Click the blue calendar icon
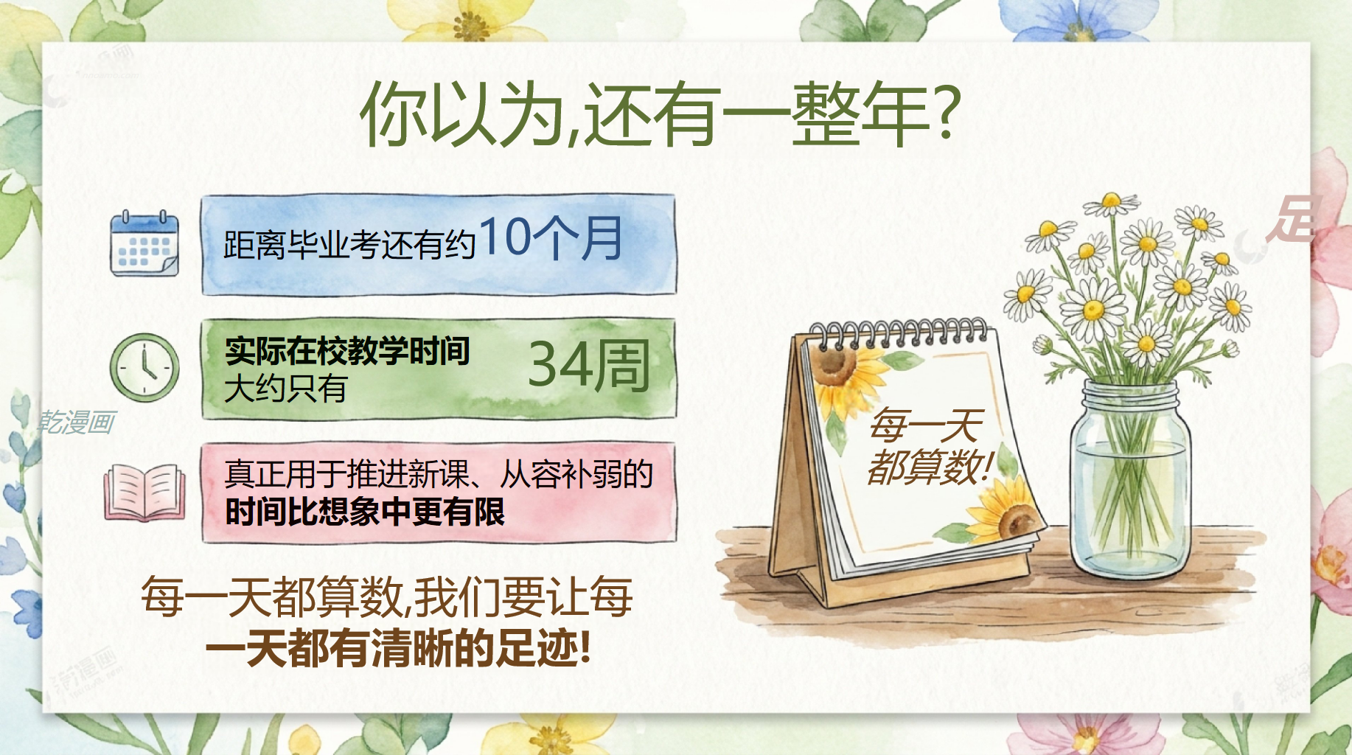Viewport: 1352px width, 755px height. point(144,243)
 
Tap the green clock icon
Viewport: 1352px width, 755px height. point(144,367)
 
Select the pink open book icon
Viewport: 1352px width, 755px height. point(144,492)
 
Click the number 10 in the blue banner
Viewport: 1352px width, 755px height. point(505,237)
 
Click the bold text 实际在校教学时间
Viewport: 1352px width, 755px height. point(347,351)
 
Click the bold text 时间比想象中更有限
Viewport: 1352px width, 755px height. point(365,512)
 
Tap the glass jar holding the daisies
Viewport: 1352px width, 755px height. point(1130,480)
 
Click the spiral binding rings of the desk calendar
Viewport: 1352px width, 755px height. point(898,332)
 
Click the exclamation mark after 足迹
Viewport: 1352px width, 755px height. point(585,647)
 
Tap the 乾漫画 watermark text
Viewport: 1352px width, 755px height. point(77,422)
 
